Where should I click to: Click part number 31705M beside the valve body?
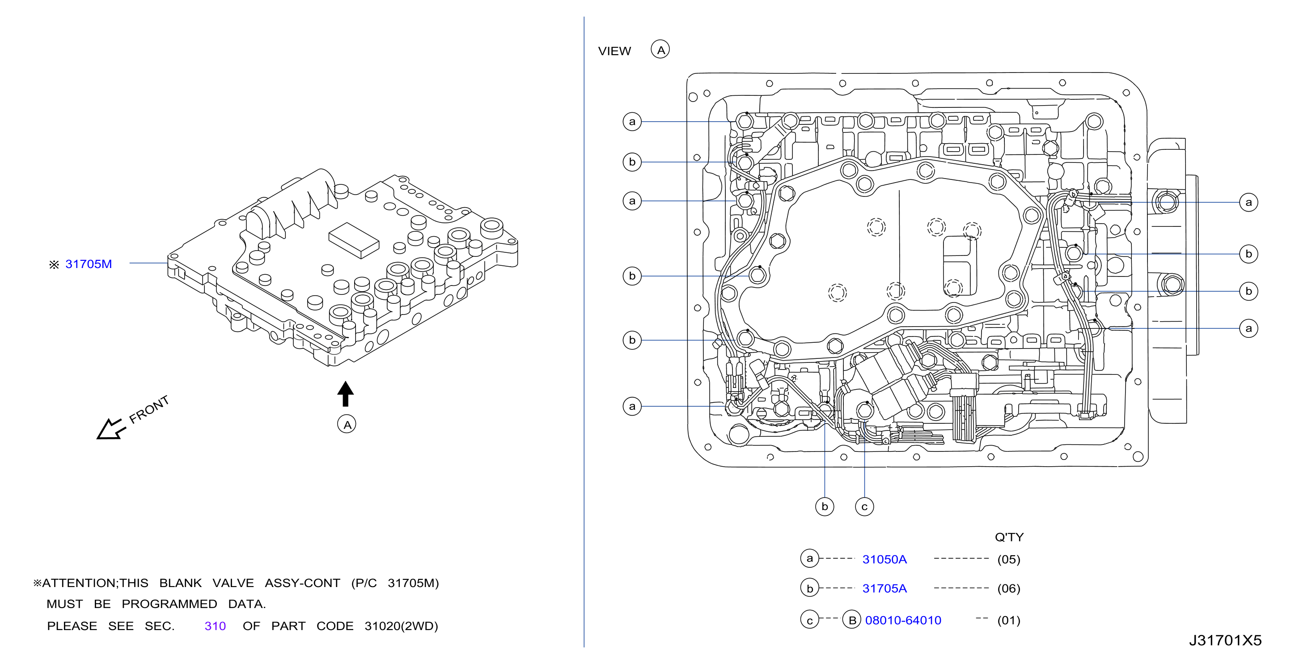coord(89,264)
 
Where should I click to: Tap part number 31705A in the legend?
coord(884,588)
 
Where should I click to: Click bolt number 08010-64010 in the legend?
coord(903,620)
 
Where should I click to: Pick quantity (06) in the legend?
coord(1008,588)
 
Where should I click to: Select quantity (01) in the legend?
coord(1008,620)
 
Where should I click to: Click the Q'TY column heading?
coord(1009,537)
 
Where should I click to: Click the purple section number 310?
coord(215,626)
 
